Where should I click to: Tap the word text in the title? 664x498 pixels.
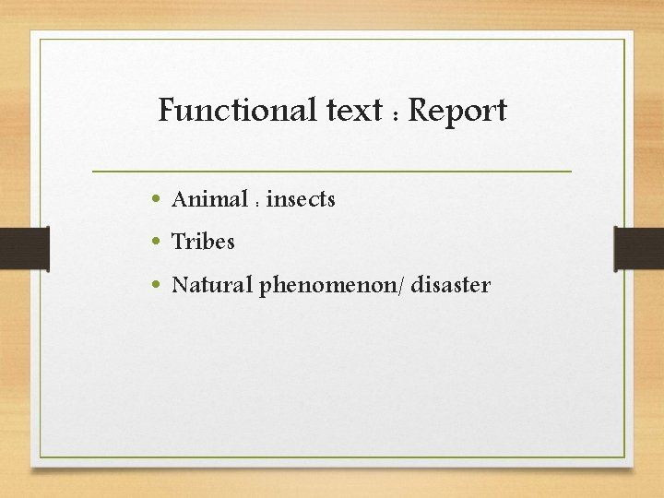[354, 112]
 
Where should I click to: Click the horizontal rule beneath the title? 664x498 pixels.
[332, 172]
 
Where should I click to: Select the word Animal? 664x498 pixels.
[209, 198]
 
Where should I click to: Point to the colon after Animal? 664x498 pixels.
[257, 201]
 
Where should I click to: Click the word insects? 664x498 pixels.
[301, 198]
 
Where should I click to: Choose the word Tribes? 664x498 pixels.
[204, 242]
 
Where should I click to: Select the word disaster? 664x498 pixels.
[451, 285]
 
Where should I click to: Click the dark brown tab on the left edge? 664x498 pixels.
[24, 249]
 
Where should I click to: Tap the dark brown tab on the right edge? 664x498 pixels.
[639, 249]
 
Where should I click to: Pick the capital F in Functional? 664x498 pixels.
[167, 111]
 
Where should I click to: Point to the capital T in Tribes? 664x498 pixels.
[178, 242]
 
